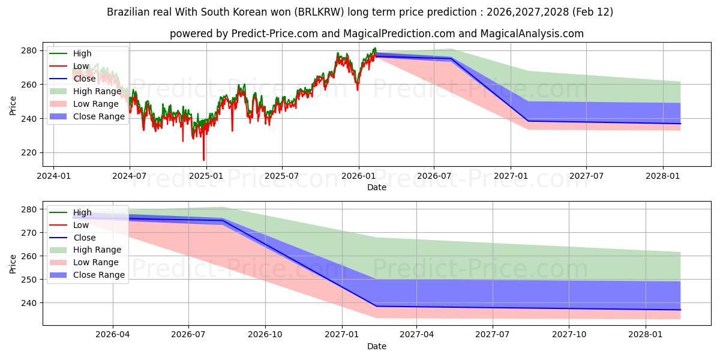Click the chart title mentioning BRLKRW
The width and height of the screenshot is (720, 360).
tap(359, 12)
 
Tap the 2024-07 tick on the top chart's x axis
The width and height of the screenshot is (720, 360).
tap(130, 176)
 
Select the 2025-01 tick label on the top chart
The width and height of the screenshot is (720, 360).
tap(206, 176)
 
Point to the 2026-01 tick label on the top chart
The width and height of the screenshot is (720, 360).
tap(358, 176)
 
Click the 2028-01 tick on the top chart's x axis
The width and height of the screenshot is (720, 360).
tap(662, 176)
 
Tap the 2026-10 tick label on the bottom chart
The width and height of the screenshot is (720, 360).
tap(265, 335)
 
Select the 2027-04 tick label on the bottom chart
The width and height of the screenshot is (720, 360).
tap(416, 335)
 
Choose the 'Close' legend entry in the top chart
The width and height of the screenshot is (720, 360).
tap(85, 79)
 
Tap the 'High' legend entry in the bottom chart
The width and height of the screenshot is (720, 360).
tap(83, 212)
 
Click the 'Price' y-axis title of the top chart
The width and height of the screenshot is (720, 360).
tap(13, 105)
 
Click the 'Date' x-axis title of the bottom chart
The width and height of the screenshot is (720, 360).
tap(376, 346)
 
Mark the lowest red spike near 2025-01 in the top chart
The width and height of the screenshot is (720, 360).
tap(203, 160)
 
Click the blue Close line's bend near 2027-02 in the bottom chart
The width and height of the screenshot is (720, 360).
tap(377, 306)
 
